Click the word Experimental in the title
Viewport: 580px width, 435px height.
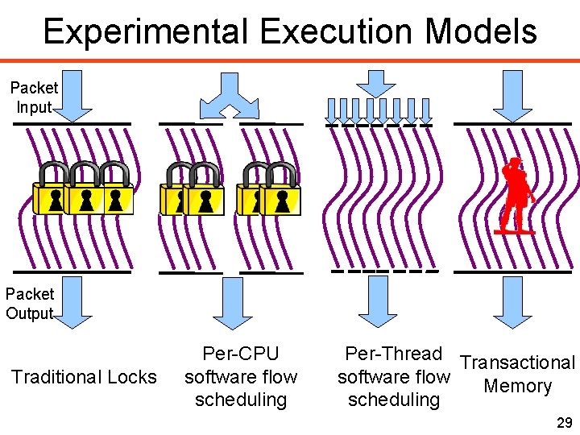pos(146,32)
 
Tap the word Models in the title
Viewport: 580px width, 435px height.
pos(481,32)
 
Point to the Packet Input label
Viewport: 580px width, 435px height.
pos(34,97)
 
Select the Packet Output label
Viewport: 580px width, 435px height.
pos(30,304)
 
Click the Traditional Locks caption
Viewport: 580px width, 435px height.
pos(83,377)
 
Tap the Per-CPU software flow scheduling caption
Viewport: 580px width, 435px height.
pos(241,376)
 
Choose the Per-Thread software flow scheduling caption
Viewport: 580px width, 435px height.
pos(393,376)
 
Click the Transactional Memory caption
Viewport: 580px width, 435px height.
pos(518,375)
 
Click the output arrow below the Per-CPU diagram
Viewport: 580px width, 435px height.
pos(230,302)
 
